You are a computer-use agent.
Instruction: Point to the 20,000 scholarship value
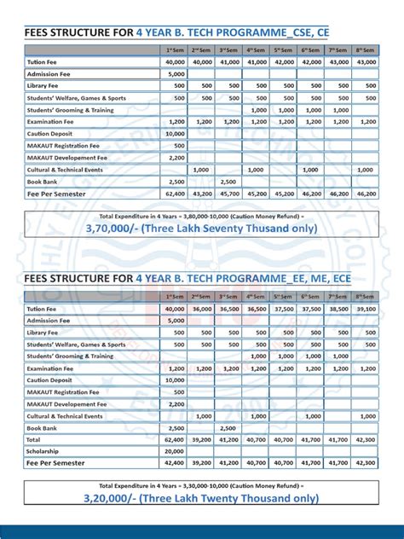point(175,450)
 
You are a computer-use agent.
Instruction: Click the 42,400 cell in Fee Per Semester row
point(175,462)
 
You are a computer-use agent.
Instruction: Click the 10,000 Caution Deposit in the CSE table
point(175,134)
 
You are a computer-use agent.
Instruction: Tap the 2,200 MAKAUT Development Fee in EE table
point(175,404)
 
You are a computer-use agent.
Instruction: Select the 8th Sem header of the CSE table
point(365,49)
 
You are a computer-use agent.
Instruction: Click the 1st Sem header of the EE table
point(175,296)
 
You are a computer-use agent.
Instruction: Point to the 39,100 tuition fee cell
point(365,308)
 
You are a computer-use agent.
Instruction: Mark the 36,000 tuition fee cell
point(202,308)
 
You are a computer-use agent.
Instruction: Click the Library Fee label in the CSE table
point(42,85)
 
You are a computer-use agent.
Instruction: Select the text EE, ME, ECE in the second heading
point(316,278)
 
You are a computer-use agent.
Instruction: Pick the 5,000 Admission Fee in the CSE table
point(175,73)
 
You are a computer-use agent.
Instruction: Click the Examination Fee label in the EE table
point(50,368)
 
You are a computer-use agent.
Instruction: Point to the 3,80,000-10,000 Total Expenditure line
point(202,216)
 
